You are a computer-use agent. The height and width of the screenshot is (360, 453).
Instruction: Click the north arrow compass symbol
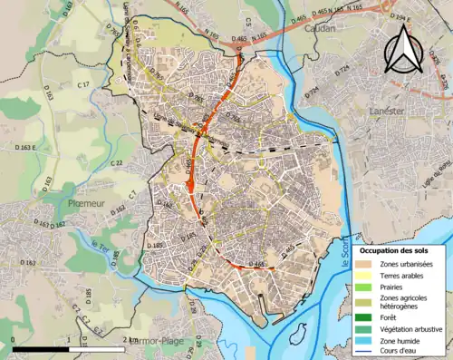pyautogui.click(x=401, y=49)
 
